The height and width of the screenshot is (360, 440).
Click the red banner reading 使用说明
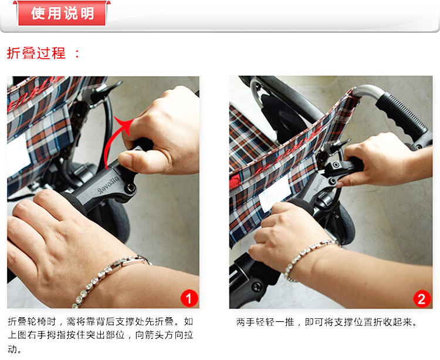[62, 13]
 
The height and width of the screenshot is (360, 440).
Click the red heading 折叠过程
[36, 53]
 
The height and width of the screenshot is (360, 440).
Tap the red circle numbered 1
[189, 298]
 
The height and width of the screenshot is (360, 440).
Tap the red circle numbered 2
[422, 299]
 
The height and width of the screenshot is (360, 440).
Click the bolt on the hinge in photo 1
[130, 187]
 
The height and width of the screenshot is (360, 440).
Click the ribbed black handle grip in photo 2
[402, 115]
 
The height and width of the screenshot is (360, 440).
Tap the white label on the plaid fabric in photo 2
[274, 194]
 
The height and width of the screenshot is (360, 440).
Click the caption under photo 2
[327, 322]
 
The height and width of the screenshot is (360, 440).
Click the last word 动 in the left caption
[12, 349]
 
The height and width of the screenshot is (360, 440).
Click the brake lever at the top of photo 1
[106, 90]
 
